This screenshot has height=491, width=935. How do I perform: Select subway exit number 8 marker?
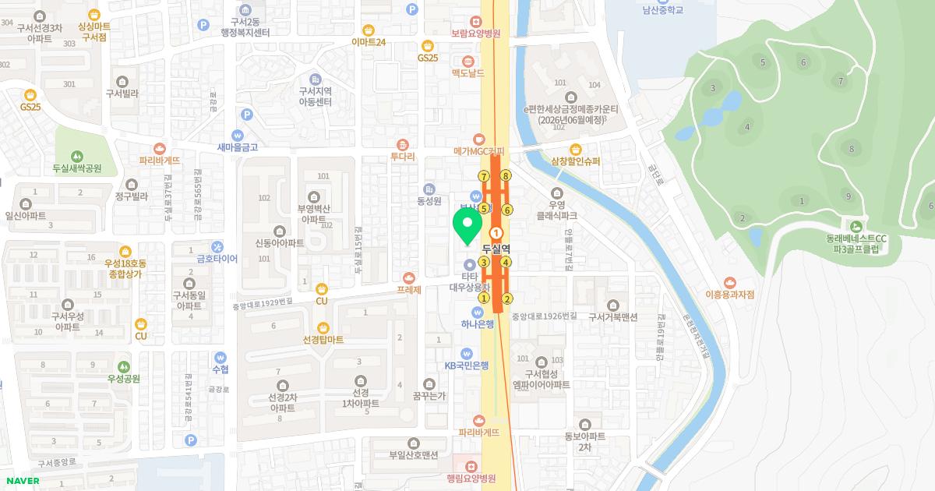coord(506,175)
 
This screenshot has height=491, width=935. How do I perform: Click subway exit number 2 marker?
coord(508,298)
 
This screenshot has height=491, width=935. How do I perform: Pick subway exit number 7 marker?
coord(484,175)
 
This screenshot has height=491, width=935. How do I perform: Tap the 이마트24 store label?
coord(369,42)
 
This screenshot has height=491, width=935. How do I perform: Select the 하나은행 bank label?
coord(478,324)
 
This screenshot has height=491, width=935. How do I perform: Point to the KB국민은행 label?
coord(467,365)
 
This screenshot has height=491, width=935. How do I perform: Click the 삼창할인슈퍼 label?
coord(576,162)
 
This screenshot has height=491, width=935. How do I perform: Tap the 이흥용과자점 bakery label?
coord(730,295)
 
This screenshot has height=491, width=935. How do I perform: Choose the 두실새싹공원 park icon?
coord(77,155)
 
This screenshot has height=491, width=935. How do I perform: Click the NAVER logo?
coord(22,481)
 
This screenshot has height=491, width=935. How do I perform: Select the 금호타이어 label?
coord(217,258)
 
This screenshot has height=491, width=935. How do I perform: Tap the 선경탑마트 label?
coord(323,340)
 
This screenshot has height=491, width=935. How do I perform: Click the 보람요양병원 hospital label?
coord(475,34)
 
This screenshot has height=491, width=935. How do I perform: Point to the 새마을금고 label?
coord(238,147)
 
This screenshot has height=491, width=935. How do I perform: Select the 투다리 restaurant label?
coord(403,155)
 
